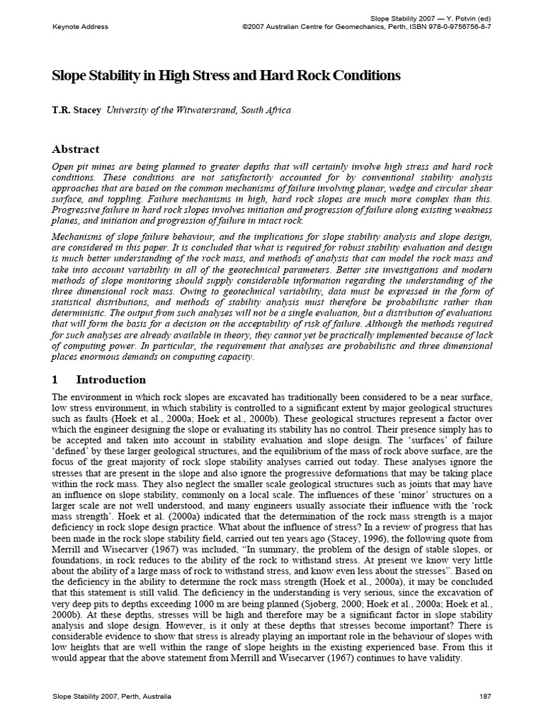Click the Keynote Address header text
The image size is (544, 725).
pyautogui.click(x=80, y=27)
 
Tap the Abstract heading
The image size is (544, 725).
pyautogui.click(x=76, y=149)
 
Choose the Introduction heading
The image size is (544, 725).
pyautogui.click(x=110, y=379)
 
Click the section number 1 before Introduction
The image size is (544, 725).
pyautogui.click(x=56, y=379)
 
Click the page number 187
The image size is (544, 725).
pyautogui.click(x=485, y=697)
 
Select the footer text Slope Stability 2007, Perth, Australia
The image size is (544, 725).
pyautogui.click(x=112, y=697)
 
